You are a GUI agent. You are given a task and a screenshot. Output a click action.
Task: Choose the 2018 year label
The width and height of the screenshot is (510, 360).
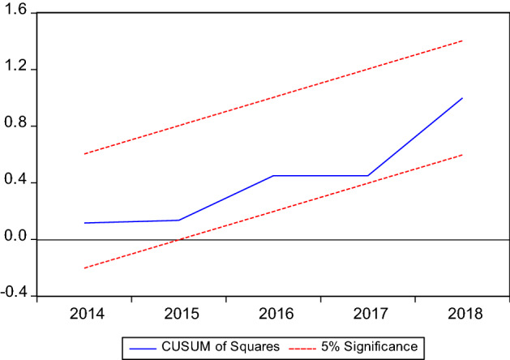tap(462, 314)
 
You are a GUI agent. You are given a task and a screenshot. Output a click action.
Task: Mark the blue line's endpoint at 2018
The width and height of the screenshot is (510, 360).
tap(462, 98)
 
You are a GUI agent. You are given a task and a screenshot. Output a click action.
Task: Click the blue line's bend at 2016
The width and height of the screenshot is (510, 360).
tap(273, 176)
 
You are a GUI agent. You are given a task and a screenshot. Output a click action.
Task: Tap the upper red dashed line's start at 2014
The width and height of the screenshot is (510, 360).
tap(84, 154)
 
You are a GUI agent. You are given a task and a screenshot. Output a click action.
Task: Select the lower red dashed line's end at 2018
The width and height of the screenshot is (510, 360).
tap(462, 154)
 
